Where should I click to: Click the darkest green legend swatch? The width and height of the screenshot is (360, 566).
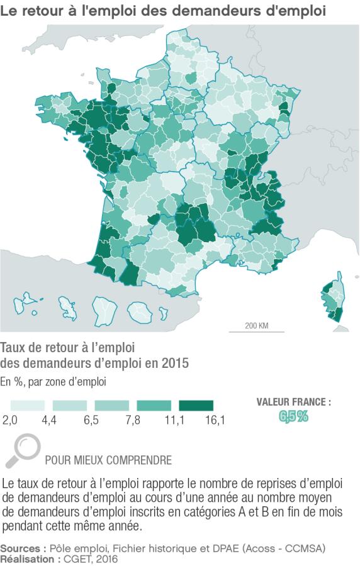(196, 406)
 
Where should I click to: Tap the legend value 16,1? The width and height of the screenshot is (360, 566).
(215, 419)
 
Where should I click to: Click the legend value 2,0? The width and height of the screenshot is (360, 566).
(9, 419)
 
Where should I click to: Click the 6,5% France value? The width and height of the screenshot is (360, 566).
(294, 416)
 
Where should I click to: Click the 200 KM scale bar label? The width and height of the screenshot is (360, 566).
(257, 326)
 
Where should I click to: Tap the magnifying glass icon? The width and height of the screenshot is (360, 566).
(25, 449)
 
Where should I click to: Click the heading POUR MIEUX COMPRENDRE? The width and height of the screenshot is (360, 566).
(108, 460)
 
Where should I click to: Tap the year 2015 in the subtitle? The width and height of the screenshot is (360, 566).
(174, 363)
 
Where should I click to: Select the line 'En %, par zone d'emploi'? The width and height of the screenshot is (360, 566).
(53, 381)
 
